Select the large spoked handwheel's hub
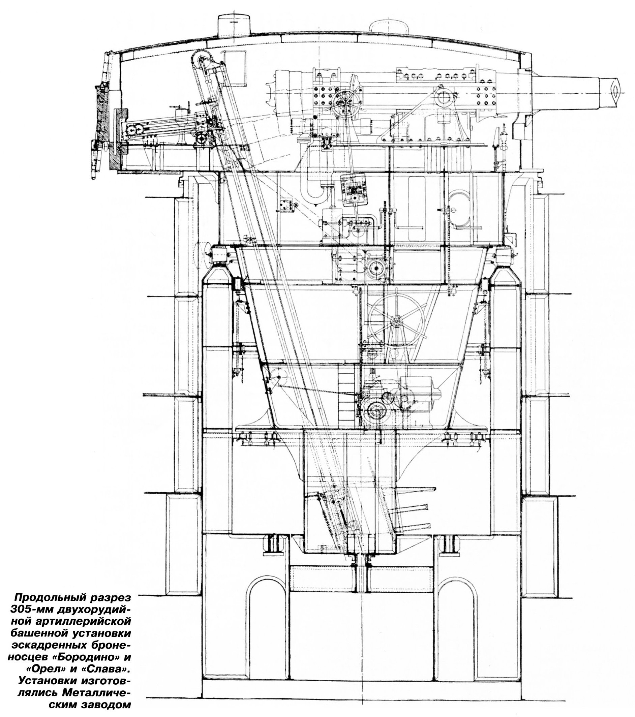tap(397, 320)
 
